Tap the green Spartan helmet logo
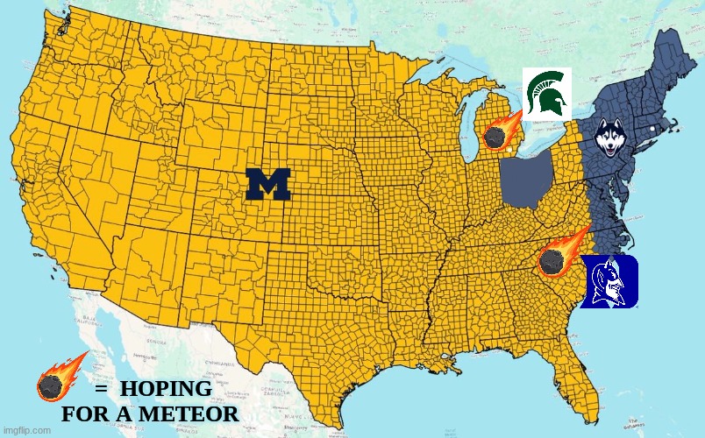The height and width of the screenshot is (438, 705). tap(547, 94)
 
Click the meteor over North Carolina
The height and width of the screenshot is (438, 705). tap(556, 256)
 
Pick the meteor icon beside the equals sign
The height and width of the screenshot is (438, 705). tap(56, 379)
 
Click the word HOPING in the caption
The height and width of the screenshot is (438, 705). tap(166, 389)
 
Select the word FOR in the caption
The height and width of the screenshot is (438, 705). tap(86, 413)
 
